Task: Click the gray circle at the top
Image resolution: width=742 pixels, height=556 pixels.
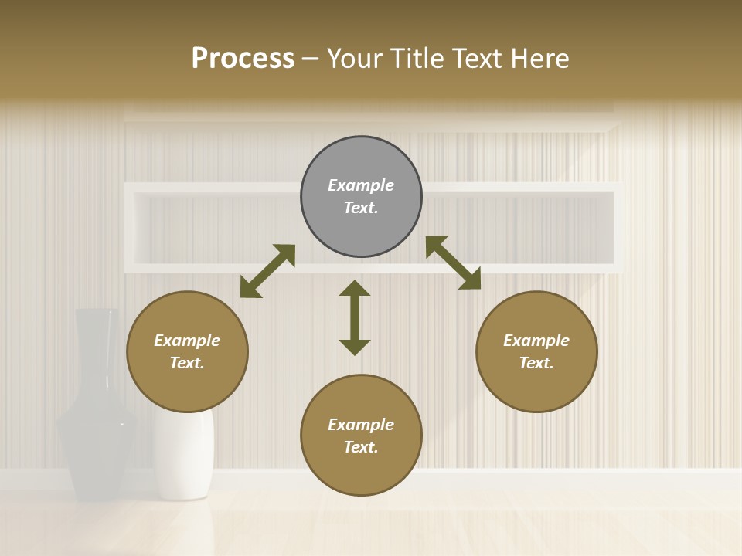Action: coord(361,197)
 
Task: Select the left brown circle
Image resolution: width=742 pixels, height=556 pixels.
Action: coord(187,351)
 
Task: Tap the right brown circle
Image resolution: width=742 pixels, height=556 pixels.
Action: coord(536,351)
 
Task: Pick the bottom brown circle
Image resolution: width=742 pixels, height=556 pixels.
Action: coord(361,435)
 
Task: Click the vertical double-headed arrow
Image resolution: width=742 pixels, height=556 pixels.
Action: coord(355,317)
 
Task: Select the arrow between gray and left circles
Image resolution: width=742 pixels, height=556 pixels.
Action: coord(267,271)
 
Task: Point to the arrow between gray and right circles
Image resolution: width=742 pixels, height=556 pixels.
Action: coord(453,263)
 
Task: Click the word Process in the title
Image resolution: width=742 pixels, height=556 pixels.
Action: coord(243,58)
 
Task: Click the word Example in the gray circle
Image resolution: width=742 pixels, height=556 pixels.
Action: coord(361,185)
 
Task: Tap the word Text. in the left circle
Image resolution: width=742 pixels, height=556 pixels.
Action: coord(187,363)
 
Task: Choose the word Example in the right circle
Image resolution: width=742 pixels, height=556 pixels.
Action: coord(536,341)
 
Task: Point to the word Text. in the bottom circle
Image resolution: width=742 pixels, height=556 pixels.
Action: coord(361,447)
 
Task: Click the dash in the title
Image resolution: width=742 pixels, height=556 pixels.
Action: coord(311,59)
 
